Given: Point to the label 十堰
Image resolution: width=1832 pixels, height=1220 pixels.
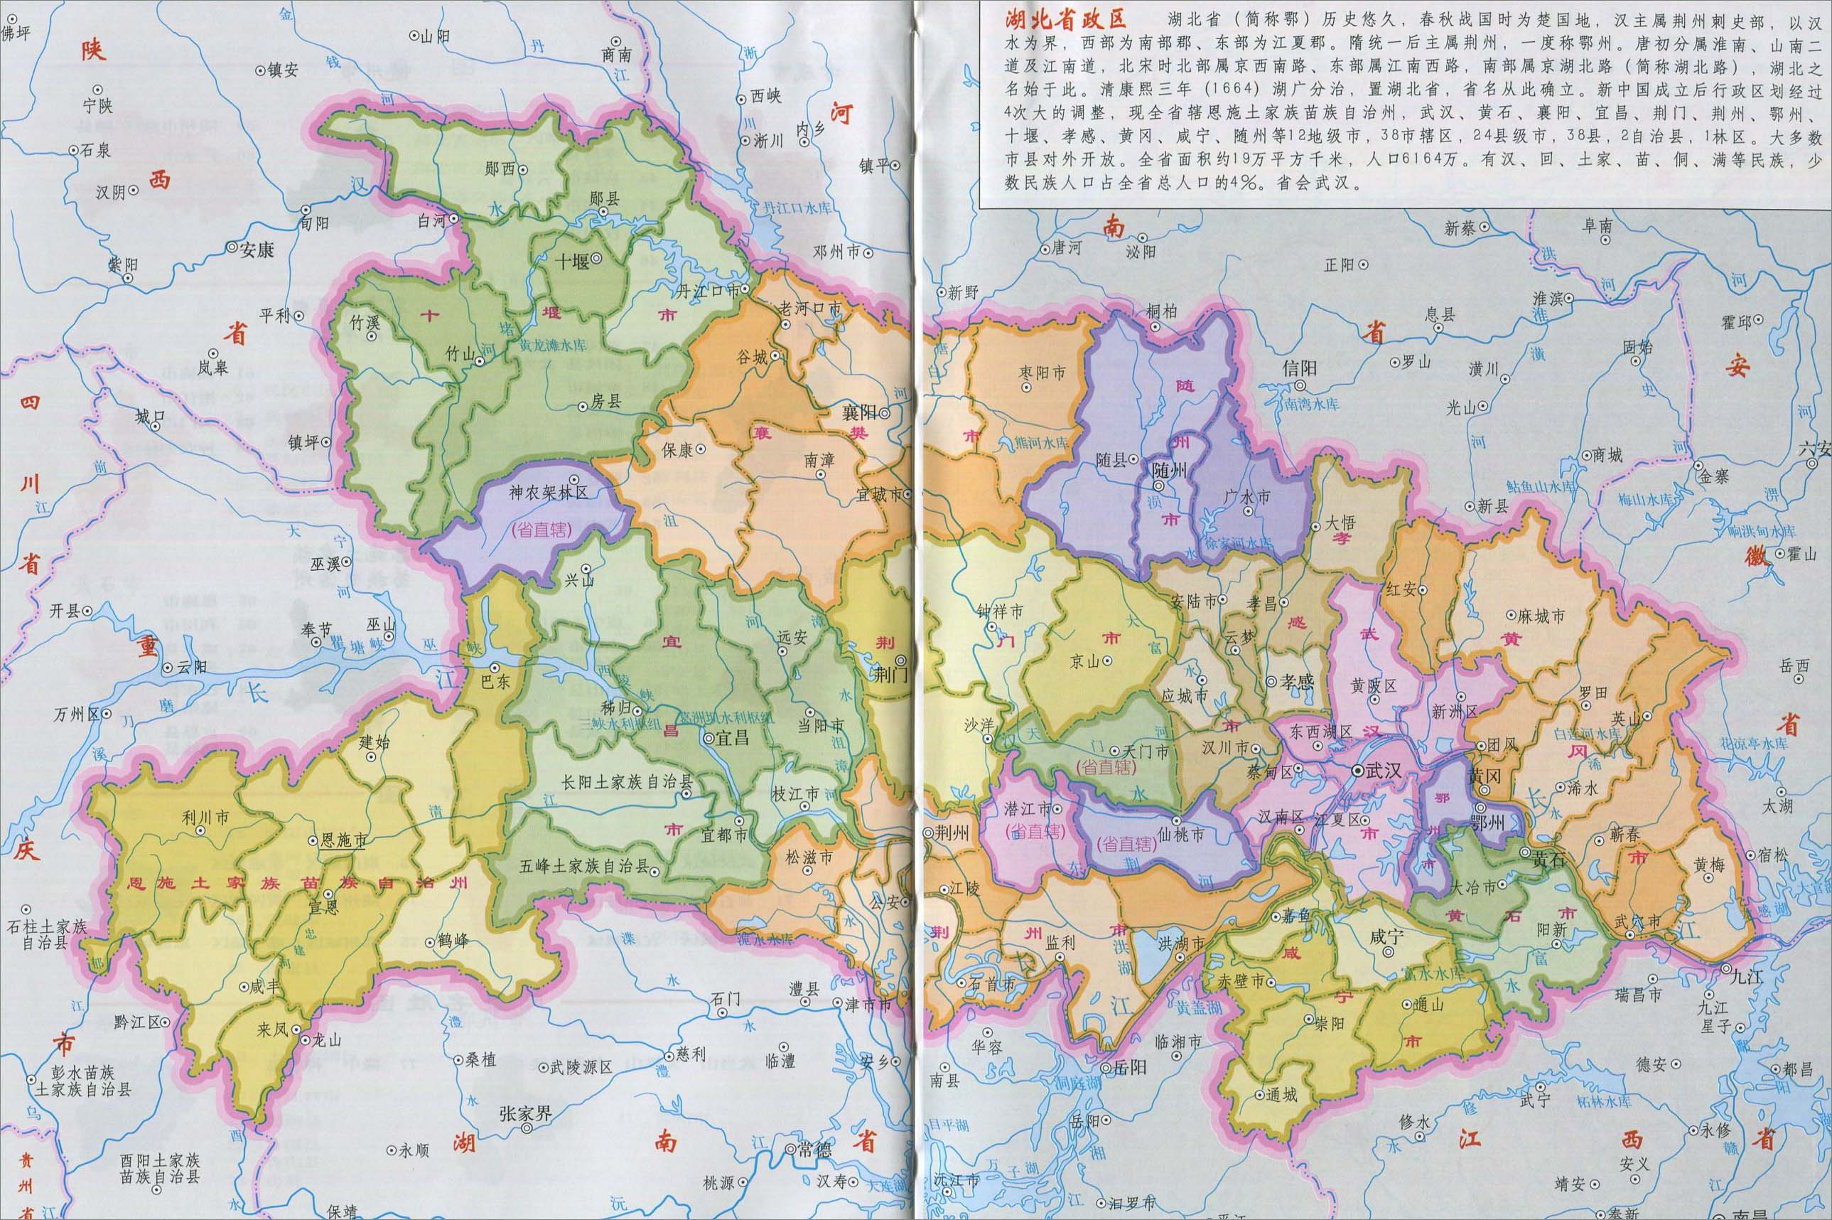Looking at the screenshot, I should pos(571,262).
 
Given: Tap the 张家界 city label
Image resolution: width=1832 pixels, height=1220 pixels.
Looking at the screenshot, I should pos(525,1113).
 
